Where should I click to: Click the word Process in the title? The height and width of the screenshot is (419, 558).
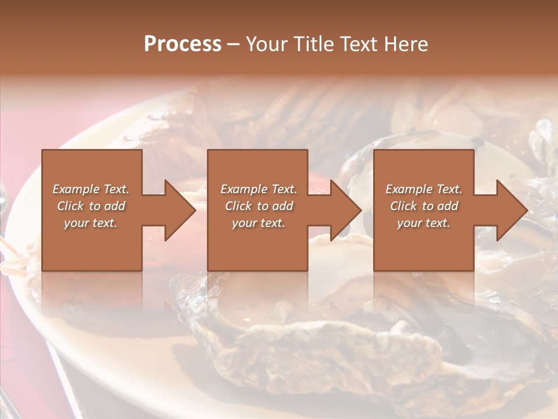pyautogui.click(x=183, y=44)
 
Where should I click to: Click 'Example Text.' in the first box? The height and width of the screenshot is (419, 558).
pyautogui.click(x=91, y=189)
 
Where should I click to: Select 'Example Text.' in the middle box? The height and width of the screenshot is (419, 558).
pyautogui.click(x=258, y=189)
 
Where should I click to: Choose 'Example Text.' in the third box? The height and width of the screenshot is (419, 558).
pyautogui.click(x=424, y=189)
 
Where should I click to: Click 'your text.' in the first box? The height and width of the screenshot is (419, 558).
pyautogui.click(x=91, y=223)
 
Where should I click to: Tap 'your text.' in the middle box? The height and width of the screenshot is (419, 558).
pyautogui.click(x=258, y=223)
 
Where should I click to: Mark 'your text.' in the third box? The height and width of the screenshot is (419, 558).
pyautogui.click(x=424, y=223)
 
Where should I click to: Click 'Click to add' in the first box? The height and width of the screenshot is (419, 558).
pyautogui.click(x=91, y=206)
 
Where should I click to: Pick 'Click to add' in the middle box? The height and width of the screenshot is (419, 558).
pyautogui.click(x=258, y=206)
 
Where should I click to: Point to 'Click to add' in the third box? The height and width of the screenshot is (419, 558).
pyautogui.click(x=424, y=206)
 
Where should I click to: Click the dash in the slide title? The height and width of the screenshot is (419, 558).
pyautogui.click(x=233, y=45)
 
